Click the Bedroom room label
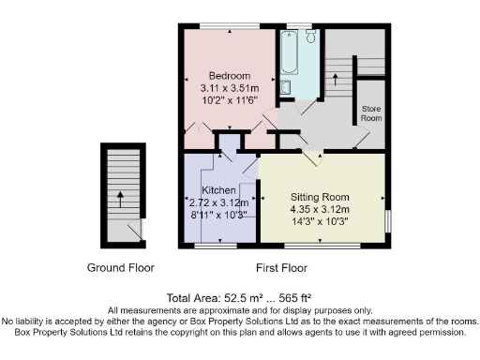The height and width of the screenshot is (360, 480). click(x=229, y=75)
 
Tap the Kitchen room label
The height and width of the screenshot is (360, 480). click(x=218, y=189)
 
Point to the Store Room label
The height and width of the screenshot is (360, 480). click(x=372, y=114)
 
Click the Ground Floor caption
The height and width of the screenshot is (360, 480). click(x=121, y=267)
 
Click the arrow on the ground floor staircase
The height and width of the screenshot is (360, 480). click(x=120, y=199)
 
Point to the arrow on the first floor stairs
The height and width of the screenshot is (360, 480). click(x=335, y=78)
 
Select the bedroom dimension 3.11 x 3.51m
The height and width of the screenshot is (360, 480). click(x=229, y=86)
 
